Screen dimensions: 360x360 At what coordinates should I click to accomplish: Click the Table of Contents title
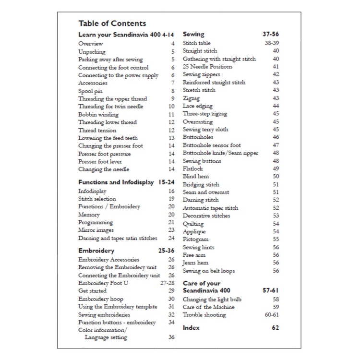[112, 23]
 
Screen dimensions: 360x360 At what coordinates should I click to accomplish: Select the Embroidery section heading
[96, 251]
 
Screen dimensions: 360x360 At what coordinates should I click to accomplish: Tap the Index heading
[191, 327]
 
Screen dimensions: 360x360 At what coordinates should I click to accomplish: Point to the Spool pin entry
[90, 91]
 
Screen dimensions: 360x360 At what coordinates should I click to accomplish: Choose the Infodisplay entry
[92, 191]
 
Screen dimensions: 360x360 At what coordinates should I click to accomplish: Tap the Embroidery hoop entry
[100, 299]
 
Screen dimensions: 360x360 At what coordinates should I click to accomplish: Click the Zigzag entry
[191, 98]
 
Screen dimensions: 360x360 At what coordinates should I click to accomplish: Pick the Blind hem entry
[195, 177]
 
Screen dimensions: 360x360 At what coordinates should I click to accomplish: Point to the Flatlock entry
[193, 169]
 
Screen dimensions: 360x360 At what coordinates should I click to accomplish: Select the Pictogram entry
[195, 239]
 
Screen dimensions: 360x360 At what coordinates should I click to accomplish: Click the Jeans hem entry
[195, 263]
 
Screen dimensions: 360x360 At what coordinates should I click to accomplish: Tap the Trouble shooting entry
[204, 315]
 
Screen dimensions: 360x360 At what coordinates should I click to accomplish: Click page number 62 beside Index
[275, 327]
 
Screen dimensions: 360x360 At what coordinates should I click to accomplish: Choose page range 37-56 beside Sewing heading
[271, 35]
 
